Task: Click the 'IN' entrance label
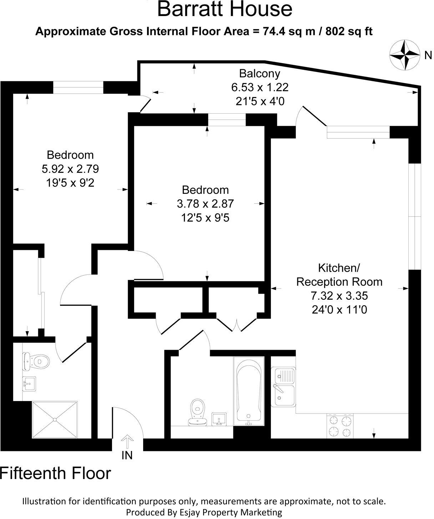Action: (127, 455)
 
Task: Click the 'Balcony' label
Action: (259, 74)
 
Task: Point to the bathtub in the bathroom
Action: (249, 391)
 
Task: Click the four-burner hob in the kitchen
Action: (340, 426)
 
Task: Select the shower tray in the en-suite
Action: (55, 420)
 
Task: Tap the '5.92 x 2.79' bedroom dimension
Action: (70, 169)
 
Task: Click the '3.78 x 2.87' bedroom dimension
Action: (205, 204)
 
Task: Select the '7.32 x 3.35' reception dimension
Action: (339, 296)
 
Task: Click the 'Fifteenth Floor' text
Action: (56, 473)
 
